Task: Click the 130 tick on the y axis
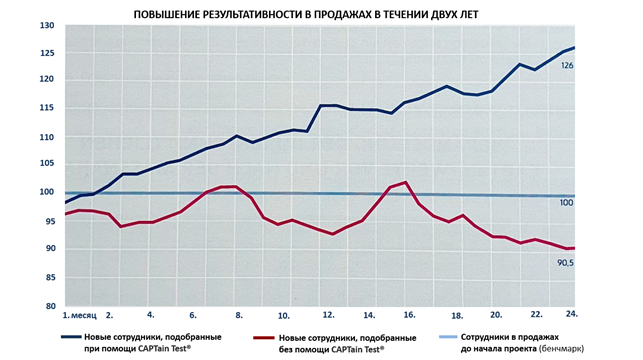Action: click(x=47, y=25)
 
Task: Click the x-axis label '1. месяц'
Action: click(x=80, y=314)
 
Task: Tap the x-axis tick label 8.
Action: click(x=240, y=314)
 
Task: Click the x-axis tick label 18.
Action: click(x=456, y=314)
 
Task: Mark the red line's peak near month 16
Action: click(x=404, y=182)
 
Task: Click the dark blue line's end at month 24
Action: click(x=574, y=47)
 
